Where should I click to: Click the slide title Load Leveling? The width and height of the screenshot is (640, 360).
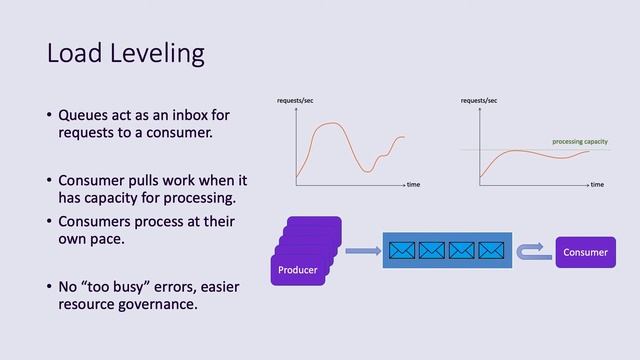(125, 53)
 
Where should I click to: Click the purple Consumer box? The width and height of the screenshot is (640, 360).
(585, 252)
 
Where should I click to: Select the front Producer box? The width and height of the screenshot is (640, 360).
(298, 270)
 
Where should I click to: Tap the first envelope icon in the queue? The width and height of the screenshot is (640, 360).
(402, 250)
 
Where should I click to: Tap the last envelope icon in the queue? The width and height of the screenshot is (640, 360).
(491, 250)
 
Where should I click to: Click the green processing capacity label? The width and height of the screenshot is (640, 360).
(579, 142)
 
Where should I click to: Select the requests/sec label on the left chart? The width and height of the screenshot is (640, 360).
(295, 101)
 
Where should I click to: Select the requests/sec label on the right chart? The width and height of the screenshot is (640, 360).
(479, 101)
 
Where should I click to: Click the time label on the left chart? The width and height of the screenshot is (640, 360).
(413, 185)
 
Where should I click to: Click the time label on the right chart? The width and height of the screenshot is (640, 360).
(597, 185)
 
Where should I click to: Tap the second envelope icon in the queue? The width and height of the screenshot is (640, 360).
(432, 250)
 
